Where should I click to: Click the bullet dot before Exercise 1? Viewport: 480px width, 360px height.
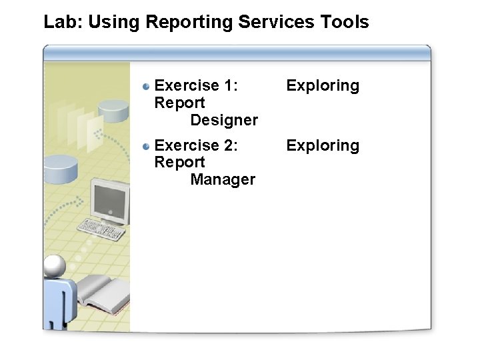pyautogui.click(x=146, y=86)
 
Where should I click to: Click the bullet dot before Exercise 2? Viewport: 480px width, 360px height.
pyautogui.click(x=146, y=146)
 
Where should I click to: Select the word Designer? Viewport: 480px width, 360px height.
pyautogui.click(x=224, y=120)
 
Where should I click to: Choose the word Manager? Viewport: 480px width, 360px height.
pyautogui.click(x=223, y=179)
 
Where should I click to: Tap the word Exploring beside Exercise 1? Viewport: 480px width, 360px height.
pyautogui.click(x=323, y=86)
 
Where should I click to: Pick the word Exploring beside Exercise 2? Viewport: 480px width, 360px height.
pyautogui.click(x=323, y=146)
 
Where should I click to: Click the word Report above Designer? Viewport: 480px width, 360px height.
pyautogui.click(x=179, y=103)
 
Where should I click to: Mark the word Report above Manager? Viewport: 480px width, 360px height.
pyautogui.click(x=179, y=162)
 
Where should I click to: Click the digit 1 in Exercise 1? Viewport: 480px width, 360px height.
pyautogui.click(x=230, y=85)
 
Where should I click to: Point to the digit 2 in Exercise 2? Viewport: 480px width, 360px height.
pyautogui.click(x=230, y=145)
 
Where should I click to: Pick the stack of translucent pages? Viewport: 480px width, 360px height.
pyautogui.click(x=77, y=123)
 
